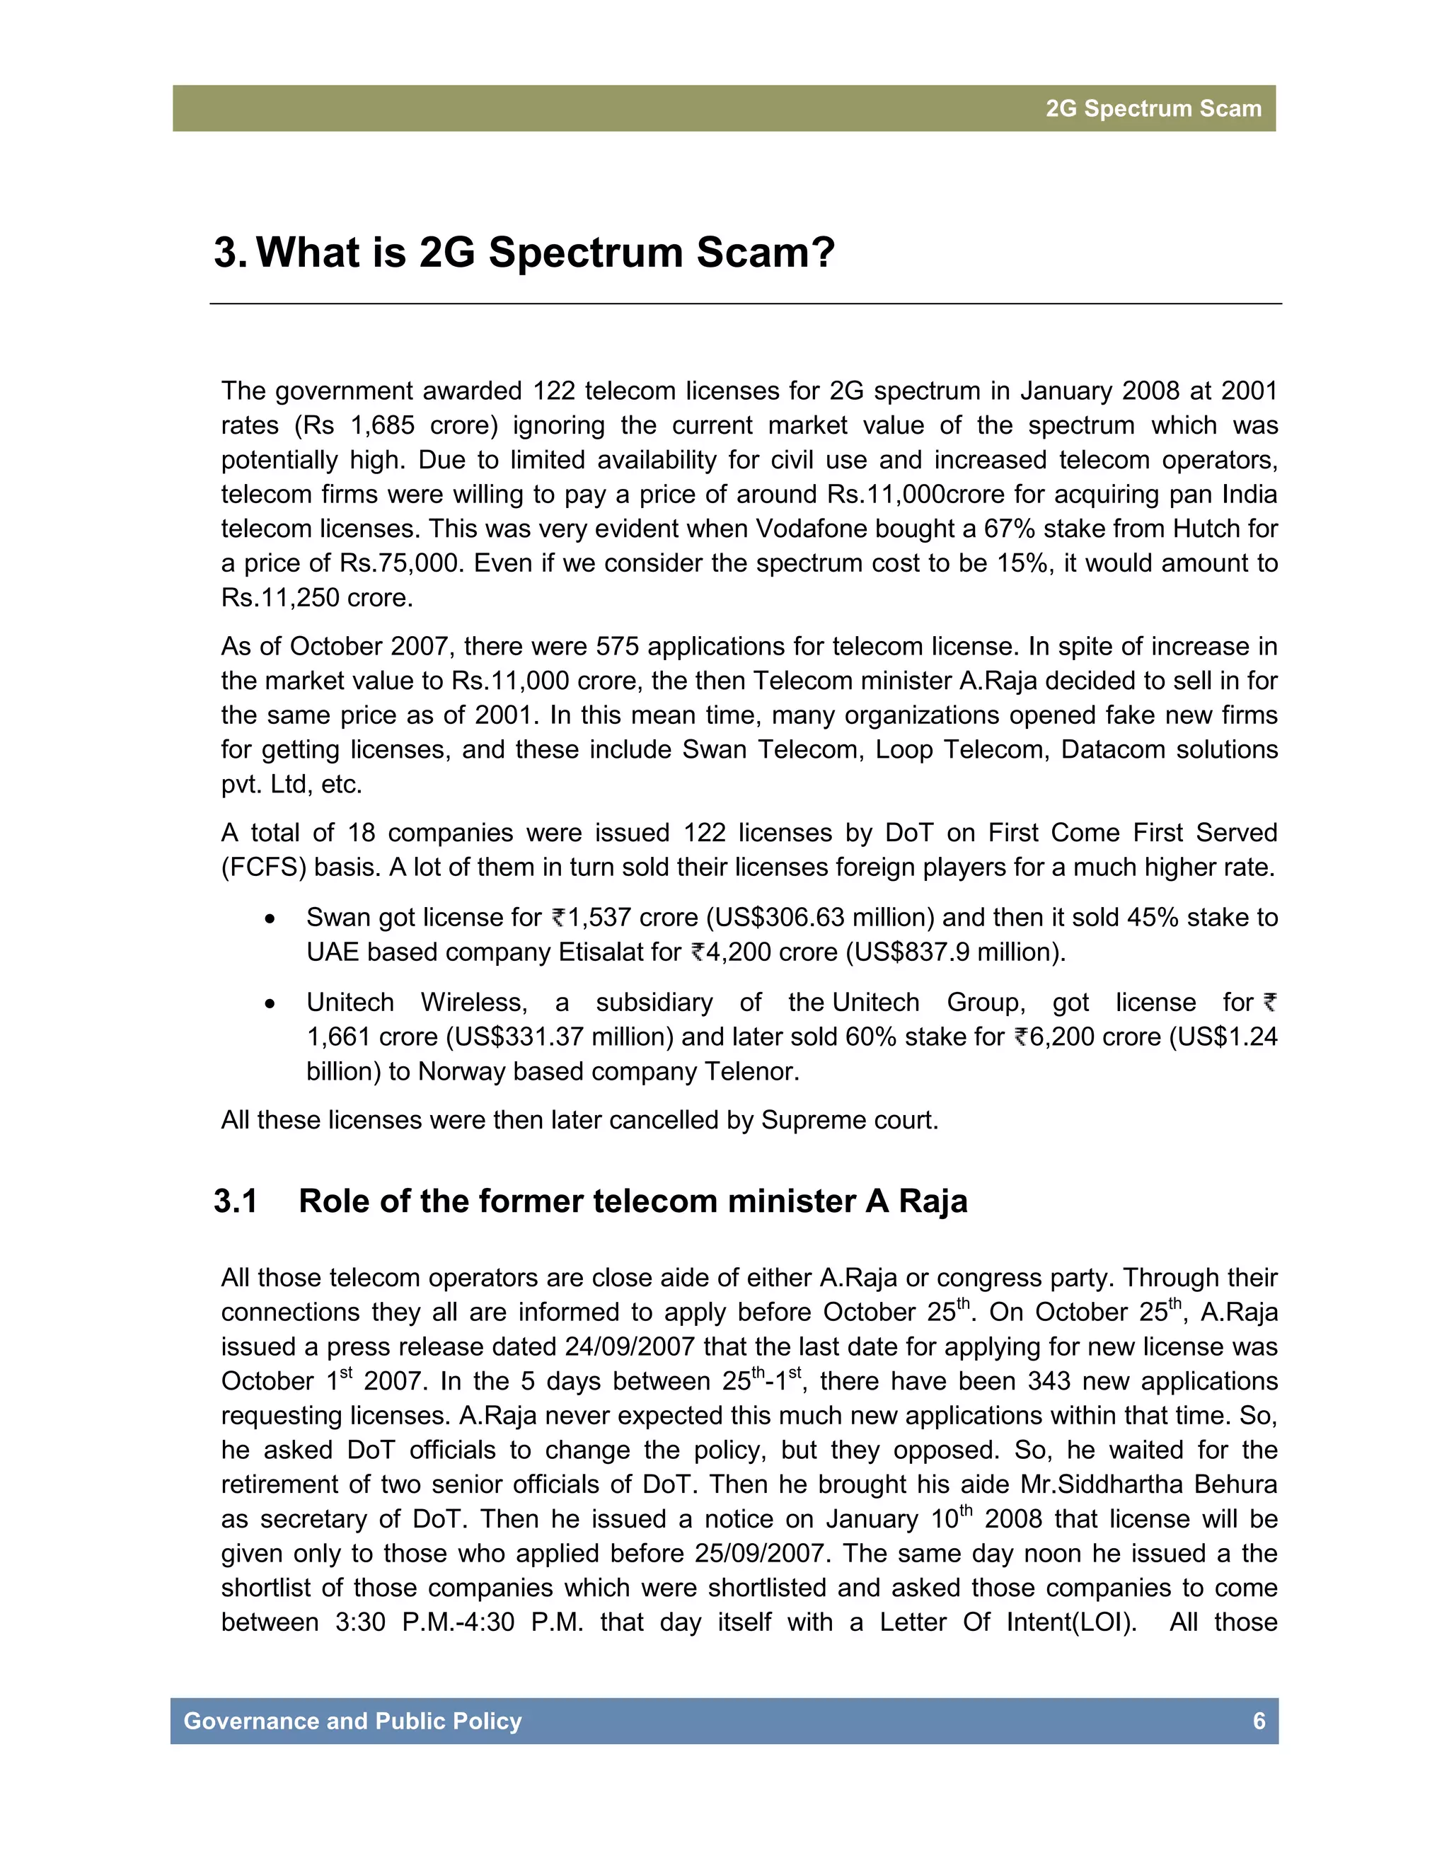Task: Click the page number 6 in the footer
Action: pyautogui.click(x=1259, y=1721)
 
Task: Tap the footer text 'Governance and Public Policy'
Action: pyautogui.click(x=353, y=1721)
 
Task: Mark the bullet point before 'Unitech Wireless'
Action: pyautogui.click(x=270, y=1003)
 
